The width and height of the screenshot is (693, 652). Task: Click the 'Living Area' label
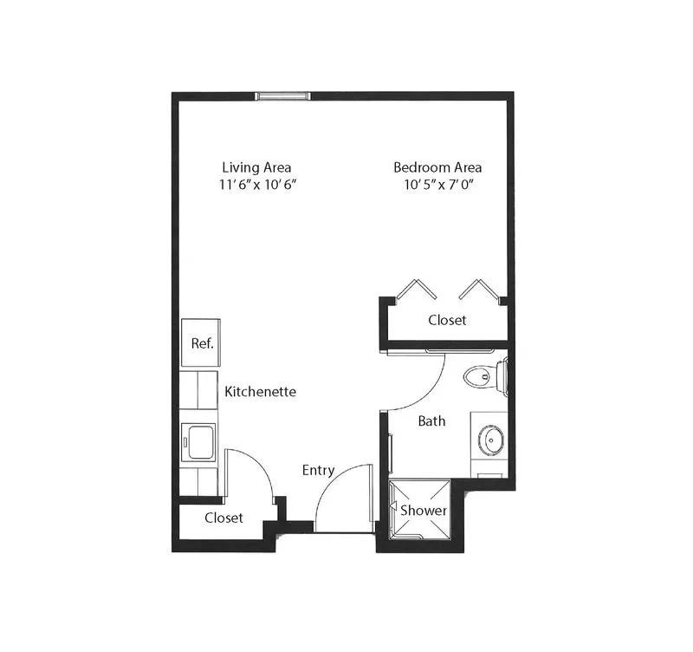click(x=256, y=167)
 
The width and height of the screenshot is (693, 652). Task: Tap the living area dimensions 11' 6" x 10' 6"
click(x=257, y=184)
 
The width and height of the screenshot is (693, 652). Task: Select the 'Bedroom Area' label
click(x=437, y=167)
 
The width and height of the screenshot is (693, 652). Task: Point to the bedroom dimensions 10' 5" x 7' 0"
click(x=439, y=184)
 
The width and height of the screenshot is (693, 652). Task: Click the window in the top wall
click(x=283, y=95)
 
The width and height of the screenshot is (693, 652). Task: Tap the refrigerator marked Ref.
click(x=201, y=342)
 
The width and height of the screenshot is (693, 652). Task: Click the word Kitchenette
click(x=261, y=392)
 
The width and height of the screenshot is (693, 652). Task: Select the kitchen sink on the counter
click(x=198, y=442)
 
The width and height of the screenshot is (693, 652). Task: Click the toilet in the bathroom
click(x=485, y=377)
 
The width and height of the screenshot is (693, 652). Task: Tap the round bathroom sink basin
click(x=490, y=440)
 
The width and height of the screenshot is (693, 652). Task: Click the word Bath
click(x=431, y=421)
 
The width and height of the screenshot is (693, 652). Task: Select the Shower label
click(x=424, y=511)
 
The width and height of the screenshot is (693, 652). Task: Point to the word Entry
click(x=318, y=470)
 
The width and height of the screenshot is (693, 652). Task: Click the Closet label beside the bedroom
click(x=447, y=320)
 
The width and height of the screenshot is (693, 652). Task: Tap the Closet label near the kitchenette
click(x=223, y=518)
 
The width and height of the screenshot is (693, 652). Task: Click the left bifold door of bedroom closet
click(x=417, y=289)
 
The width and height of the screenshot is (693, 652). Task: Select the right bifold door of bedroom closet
click(x=478, y=289)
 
